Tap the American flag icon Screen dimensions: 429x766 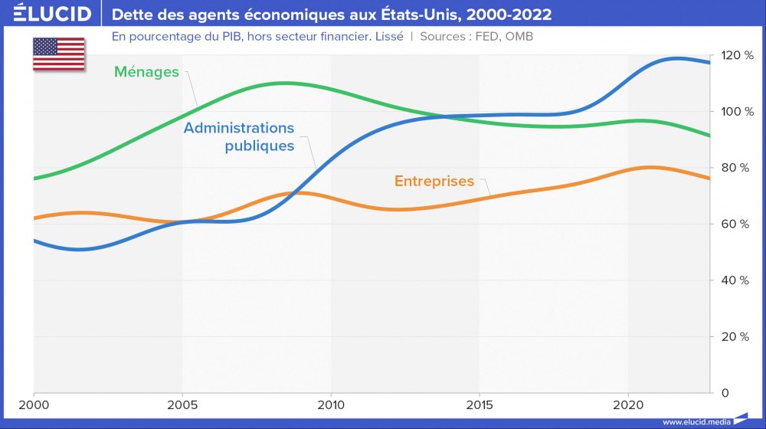point(58,54)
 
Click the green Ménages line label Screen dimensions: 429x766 point(146,72)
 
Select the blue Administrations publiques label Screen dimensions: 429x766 point(239,136)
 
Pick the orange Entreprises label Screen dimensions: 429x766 point(434,182)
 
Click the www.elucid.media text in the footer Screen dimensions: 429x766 point(696,421)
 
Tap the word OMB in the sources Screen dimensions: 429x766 point(518,36)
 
